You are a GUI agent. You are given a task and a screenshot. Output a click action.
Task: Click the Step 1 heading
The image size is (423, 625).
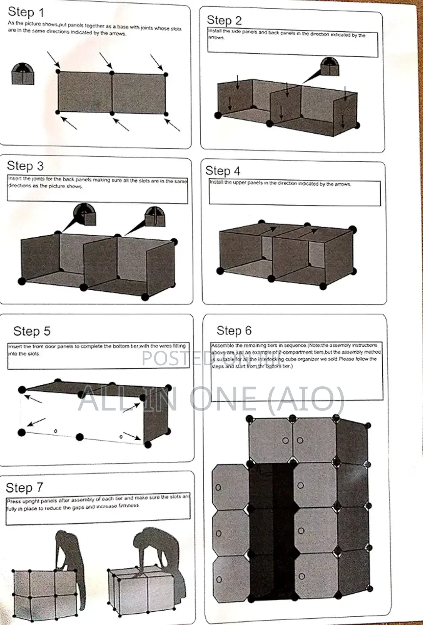26,12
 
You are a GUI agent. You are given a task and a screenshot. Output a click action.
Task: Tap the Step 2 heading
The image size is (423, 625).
224,20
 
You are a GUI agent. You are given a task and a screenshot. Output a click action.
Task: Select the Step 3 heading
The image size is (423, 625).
25,166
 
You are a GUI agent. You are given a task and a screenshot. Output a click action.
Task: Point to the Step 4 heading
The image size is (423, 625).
223,171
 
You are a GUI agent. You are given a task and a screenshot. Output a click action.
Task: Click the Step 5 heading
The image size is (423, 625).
32,331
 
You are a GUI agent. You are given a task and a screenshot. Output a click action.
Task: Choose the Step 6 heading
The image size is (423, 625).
234,330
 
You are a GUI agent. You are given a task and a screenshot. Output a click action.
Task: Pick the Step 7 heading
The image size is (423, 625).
24,487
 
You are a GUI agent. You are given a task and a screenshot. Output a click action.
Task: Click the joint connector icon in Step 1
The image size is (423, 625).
23,74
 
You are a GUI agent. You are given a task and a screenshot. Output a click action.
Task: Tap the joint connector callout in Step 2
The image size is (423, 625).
330,66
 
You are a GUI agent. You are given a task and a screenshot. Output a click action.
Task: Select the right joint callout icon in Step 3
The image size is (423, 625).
155,217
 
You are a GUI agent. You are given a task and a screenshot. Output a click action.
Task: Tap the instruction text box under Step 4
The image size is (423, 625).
294,193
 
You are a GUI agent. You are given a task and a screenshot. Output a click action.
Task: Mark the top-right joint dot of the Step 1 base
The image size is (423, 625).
166,74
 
